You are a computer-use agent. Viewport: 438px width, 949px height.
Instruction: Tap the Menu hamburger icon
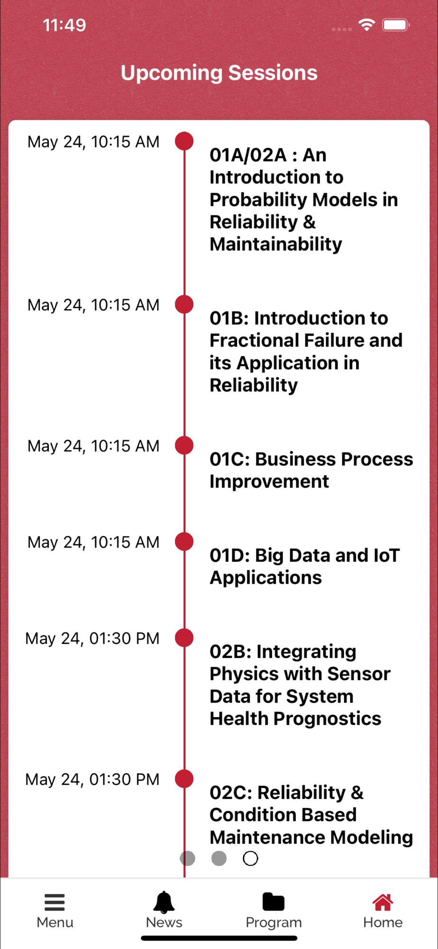55,902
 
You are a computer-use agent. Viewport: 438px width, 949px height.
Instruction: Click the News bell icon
164,902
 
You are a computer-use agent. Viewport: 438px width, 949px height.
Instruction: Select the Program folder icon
274,902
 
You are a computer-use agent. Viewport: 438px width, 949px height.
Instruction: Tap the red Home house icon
383,902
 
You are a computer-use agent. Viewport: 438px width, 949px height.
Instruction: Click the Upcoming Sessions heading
219,73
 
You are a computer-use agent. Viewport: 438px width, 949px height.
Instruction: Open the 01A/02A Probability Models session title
304,199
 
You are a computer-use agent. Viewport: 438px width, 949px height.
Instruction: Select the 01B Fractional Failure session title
306,352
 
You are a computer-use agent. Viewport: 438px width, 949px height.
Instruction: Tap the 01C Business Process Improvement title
311,470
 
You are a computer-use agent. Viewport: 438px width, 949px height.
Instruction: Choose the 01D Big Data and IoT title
305,567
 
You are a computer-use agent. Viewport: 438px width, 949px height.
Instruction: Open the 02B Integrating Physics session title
300,685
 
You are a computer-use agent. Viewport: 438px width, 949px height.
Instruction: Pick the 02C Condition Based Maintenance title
311,815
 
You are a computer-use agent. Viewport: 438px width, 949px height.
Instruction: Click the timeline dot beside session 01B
184,304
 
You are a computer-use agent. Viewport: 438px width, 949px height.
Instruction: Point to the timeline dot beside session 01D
184,541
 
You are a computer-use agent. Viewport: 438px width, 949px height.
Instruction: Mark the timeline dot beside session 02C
184,779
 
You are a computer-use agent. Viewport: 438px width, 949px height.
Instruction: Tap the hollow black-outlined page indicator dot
250,858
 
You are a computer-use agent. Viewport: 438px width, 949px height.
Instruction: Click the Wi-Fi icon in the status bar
366,25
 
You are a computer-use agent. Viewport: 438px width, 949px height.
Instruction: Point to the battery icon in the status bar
396,25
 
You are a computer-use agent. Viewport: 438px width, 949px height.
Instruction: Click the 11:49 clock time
64,25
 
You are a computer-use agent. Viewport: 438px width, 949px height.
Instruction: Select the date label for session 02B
92,639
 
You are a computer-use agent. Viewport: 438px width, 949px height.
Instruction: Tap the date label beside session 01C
93,446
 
